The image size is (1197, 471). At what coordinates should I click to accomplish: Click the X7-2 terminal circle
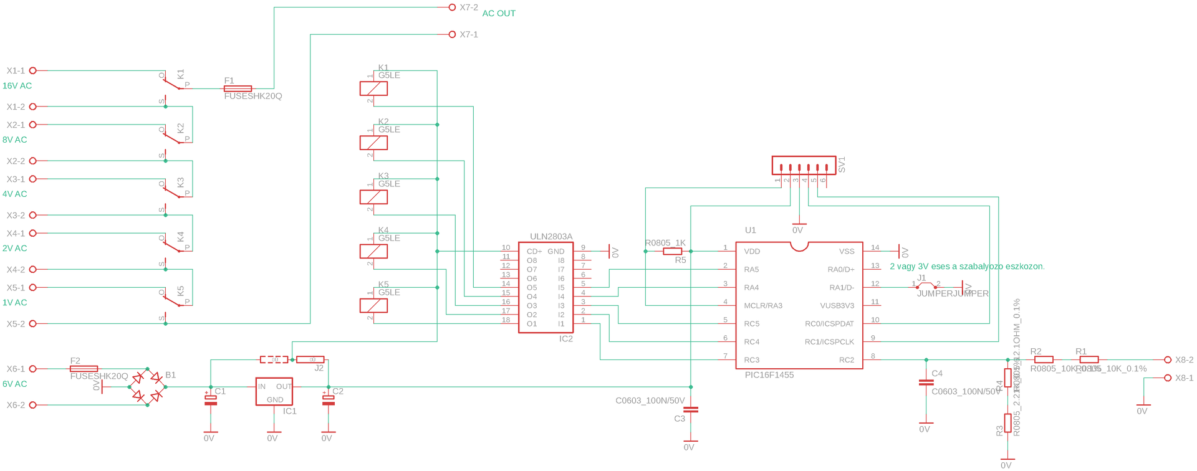point(452,7)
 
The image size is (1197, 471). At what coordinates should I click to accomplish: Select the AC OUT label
point(499,13)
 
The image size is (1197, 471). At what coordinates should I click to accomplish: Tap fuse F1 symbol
point(238,88)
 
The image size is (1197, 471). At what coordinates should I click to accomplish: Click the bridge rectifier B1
point(147,387)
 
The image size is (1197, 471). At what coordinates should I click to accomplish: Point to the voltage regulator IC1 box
point(274,391)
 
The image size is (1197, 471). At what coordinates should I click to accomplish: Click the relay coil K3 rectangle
point(373,197)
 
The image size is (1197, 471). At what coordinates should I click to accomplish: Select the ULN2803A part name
point(551,237)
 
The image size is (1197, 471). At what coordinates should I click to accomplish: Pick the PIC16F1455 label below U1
point(769,375)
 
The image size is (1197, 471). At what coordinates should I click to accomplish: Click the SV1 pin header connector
point(804,166)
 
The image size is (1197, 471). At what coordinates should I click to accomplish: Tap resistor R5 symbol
point(672,252)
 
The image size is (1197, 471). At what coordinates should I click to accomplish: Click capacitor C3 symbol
point(691,410)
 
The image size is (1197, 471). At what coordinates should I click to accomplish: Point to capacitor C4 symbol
point(926,383)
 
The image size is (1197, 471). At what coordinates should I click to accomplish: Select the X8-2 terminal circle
point(1168,359)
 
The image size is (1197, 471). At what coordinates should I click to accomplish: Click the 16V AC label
point(17,86)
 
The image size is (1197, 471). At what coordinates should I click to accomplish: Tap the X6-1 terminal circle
point(33,369)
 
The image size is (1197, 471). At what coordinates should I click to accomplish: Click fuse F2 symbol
point(84,369)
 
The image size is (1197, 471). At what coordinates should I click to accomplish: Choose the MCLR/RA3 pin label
point(763,306)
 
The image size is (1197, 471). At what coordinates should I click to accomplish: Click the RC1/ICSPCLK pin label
point(829,342)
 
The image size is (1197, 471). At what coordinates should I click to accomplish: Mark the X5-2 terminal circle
point(33,324)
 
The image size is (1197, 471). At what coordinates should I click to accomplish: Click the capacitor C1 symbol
point(211,399)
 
